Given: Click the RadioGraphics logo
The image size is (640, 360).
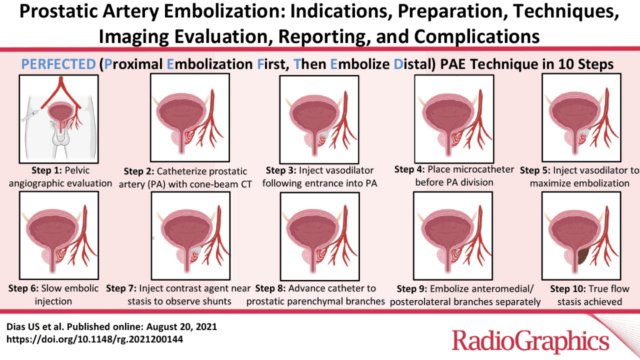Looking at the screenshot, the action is click(x=530, y=341).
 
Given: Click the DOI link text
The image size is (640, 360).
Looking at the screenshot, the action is click(x=95, y=339).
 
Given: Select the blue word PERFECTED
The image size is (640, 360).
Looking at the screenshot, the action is click(x=58, y=64).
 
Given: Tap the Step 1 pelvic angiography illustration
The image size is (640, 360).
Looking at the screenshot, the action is click(x=59, y=119).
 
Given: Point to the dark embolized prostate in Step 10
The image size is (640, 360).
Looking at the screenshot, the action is click(x=582, y=256).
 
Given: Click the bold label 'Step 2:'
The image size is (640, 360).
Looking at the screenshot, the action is click(x=139, y=171).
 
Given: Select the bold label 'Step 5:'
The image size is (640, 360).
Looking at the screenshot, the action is click(x=535, y=171).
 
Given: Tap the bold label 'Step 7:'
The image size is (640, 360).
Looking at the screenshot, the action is click(x=121, y=289).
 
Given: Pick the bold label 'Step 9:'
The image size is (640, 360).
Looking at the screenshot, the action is click(x=412, y=289).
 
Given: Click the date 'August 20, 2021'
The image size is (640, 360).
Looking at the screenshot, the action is click(x=182, y=327).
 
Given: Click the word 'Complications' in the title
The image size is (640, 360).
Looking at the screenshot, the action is click(x=477, y=37).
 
